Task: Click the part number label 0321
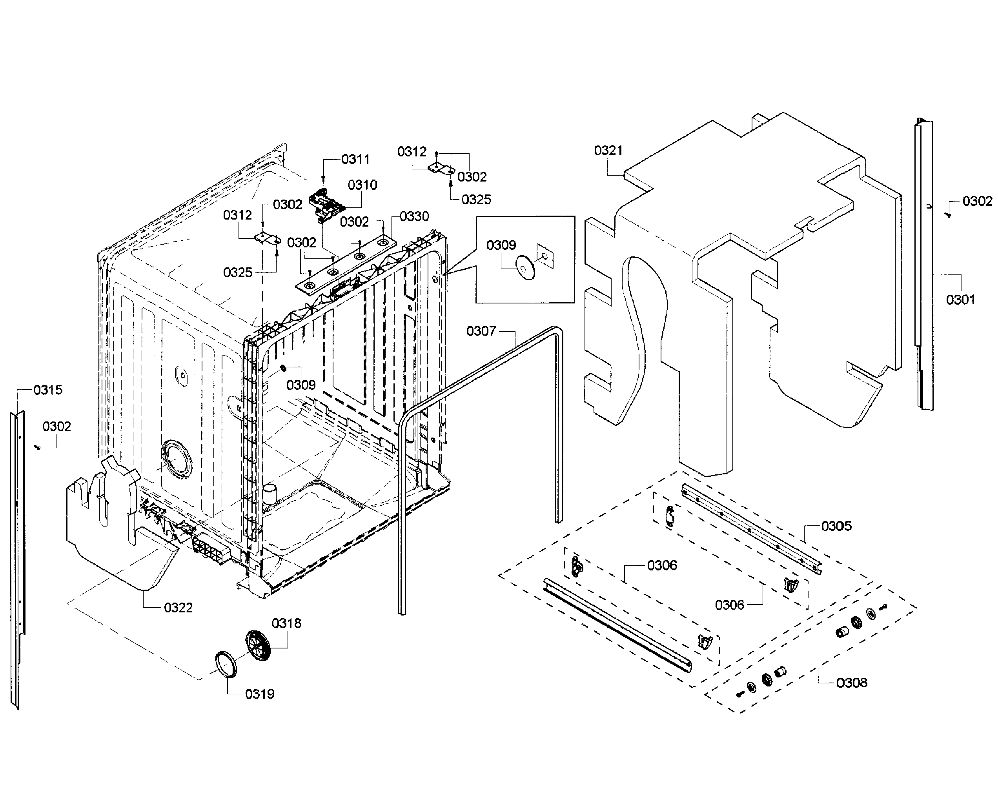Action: [608, 151]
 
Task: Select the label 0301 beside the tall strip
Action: [960, 300]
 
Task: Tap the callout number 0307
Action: [481, 331]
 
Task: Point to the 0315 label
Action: [48, 390]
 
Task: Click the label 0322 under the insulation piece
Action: [178, 607]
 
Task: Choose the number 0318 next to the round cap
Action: [286, 623]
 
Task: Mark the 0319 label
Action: [260, 694]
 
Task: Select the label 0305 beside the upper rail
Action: [836, 526]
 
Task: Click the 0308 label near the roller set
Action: [852, 683]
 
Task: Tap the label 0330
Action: [414, 216]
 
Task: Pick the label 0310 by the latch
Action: [362, 185]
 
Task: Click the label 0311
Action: [355, 159]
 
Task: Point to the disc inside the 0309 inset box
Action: [525, 268]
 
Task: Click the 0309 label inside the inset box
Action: [501, 245]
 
